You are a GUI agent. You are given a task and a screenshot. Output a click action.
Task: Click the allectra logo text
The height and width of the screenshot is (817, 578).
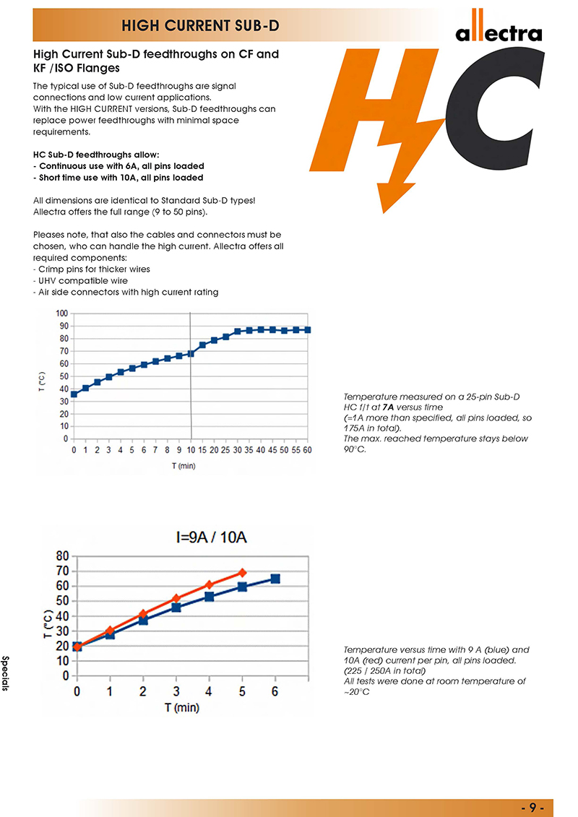[499, 33]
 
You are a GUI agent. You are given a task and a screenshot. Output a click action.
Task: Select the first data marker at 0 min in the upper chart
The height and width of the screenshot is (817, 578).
[74, 394]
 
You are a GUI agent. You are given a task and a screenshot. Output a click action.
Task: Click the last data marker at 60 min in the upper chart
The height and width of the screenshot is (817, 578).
[307, 330]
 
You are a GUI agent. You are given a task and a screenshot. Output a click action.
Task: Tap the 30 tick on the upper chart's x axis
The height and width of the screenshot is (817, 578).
[237, 449]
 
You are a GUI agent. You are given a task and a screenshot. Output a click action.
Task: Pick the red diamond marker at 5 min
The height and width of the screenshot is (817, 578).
[242, 573]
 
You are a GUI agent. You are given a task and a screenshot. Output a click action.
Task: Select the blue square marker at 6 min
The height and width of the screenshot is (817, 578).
[275, 579]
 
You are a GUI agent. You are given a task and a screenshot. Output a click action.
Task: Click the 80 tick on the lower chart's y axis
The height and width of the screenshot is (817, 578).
[62, 556]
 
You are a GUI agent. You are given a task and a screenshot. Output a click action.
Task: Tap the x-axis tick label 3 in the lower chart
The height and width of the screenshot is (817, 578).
[176, 691]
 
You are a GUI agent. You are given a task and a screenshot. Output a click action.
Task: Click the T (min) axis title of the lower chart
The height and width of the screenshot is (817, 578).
[181, 708]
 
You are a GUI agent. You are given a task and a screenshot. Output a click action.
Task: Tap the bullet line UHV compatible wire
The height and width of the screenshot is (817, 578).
[81, 280]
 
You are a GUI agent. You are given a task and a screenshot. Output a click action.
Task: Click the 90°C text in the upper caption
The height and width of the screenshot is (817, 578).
[354, 449]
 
